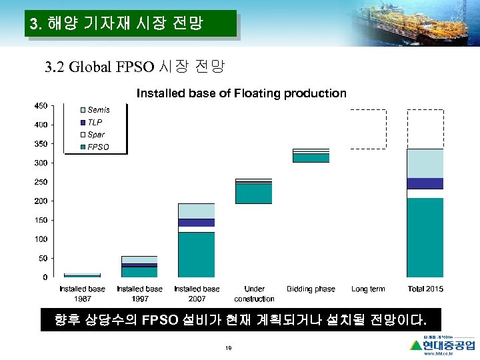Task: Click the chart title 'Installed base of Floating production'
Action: tap(241, 93)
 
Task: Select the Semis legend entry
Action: tap(98, 110)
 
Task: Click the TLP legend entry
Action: tap(95, 123)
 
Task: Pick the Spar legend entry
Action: tap(96, 135)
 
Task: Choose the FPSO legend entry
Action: tap(98, 147)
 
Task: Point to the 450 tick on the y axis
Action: tap(41, 105)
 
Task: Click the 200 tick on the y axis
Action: tap(41, 201)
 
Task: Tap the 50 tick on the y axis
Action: tap(43, 258)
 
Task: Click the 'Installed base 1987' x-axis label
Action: tap(82, 293)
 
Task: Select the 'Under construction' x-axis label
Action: tap(254, 293)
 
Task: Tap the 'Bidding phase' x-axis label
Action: tap(311, 289)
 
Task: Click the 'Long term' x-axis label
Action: tap(368, 289)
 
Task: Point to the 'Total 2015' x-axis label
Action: tap(425, 289)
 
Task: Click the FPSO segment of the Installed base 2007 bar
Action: tap(196, 254)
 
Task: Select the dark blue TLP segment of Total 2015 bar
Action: tap(425, 183)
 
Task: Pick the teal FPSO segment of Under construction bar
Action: tap(253, 193)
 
